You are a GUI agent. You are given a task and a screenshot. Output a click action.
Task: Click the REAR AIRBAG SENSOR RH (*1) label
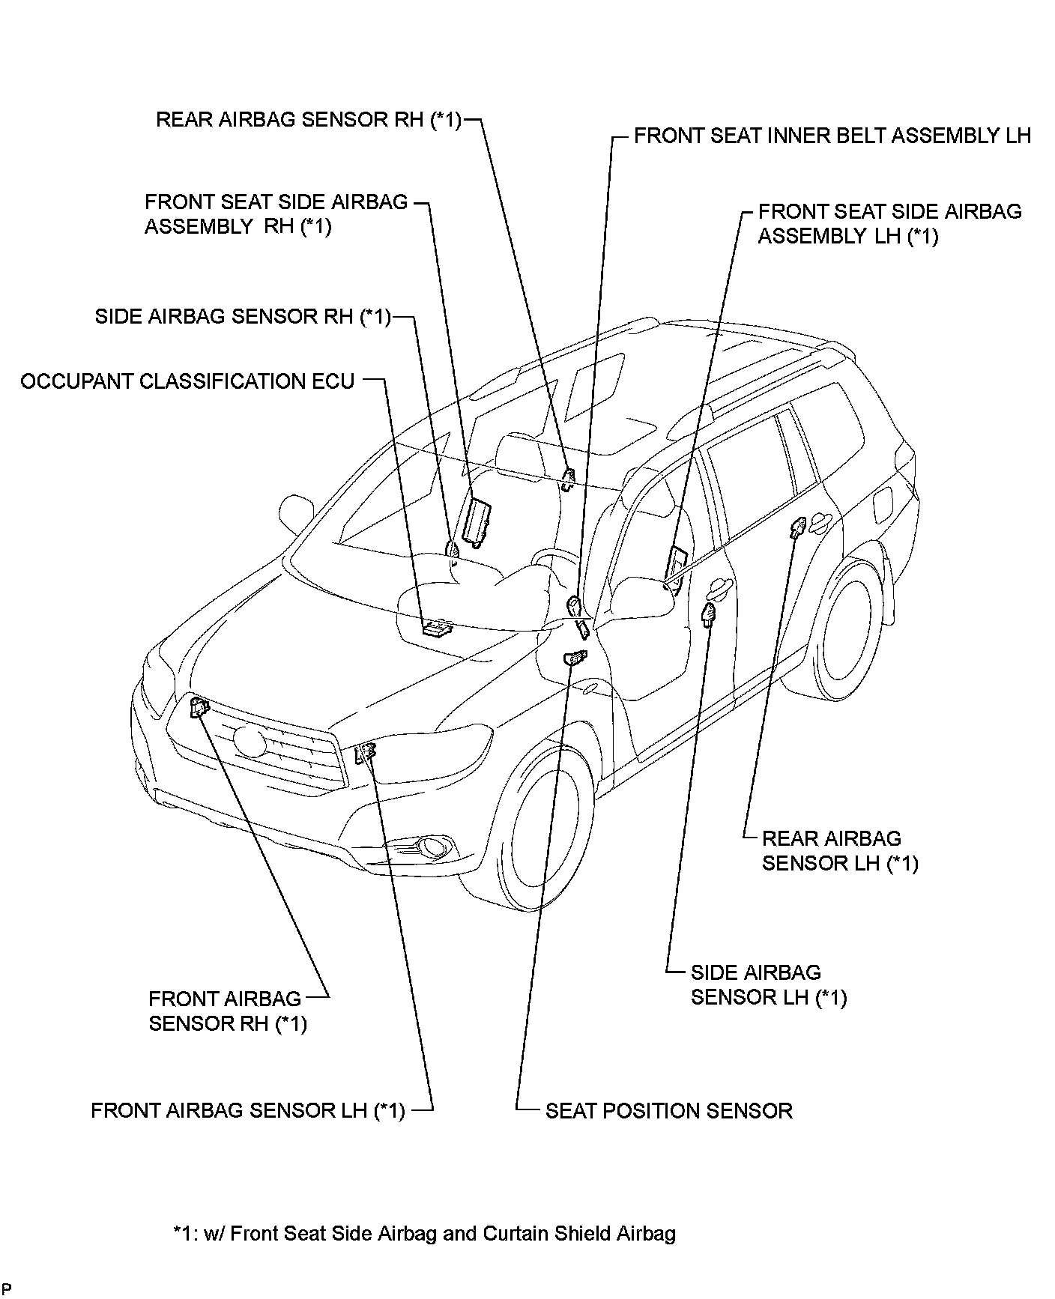coord(308,121)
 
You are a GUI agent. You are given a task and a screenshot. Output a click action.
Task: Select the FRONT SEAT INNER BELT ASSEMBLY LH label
coord(832,136)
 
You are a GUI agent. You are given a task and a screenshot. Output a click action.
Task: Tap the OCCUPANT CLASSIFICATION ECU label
coord(187,382)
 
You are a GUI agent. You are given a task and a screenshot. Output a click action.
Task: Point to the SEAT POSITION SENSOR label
coord(668,1110)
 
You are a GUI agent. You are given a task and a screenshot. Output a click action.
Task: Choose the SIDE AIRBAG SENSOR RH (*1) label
coord(243,317)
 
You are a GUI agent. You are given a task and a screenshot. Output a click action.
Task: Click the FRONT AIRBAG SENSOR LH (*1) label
coord(247,1110)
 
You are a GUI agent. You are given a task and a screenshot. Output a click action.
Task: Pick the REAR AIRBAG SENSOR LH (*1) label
coord(839,851)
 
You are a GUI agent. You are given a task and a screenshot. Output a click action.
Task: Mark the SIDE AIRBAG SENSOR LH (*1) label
coord(768,985)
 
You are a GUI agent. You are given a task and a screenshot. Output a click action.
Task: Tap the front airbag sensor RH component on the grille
coord(199,706)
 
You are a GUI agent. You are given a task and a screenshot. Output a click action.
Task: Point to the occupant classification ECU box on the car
coord(436,626)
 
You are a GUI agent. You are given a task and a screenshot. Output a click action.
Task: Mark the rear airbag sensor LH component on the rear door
coord(796,527)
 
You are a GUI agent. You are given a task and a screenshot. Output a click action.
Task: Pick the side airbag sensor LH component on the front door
coord(708,614)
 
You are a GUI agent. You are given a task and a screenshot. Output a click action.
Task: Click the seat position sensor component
coord(575,657)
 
